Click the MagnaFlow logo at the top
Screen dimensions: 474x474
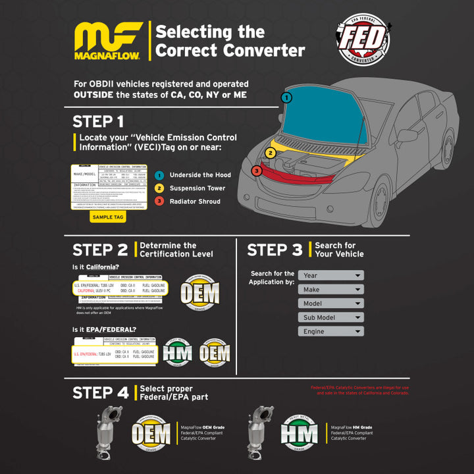click(x=108, y=41)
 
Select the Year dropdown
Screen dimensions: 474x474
click(x=330, y=275)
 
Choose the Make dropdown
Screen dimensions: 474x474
click(x=330, y=289)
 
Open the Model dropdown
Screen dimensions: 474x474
click(x=330, y=303)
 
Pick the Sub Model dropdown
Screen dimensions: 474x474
click(x=330, y=317)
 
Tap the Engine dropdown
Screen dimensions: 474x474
click(x=330, y=331)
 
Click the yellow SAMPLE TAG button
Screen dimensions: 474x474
click(x=107, y=217)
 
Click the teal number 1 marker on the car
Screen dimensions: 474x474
click(x=286, y=97)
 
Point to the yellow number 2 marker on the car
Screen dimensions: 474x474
click(x=270, y=153)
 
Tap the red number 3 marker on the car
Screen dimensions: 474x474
click(x=256, y=171)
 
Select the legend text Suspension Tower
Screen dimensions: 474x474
click(x=197, y=188)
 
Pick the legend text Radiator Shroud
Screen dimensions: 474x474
click(x=195, y=201)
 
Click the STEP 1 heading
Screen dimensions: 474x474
click(x=97, y=122)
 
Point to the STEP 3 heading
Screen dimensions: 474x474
click(x=275, y=250)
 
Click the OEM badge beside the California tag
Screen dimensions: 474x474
click(x=199, y=290)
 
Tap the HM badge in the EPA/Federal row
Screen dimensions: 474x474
click(x=178, y=352)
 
